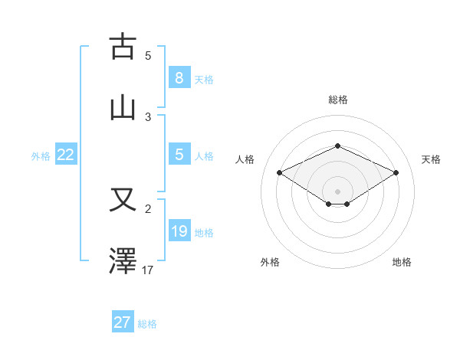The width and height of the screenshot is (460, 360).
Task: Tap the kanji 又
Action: click(123, 201)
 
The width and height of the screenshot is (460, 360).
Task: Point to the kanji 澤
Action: click(123, 261)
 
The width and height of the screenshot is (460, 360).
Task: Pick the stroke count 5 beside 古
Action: click(148, 55)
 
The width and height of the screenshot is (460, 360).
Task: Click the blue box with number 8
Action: click(179, 77)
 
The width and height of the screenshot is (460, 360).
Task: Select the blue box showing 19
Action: click(179, 231)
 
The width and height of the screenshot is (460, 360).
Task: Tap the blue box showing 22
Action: click(66, 155)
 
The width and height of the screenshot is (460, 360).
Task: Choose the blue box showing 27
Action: click(123, 322)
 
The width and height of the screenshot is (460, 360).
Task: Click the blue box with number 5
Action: click(179, 155)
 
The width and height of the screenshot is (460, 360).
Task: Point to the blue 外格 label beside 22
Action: click(41, 156)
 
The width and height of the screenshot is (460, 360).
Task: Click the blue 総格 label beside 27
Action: click(147, 324)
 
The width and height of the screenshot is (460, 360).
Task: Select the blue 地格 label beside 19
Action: click(204, 233)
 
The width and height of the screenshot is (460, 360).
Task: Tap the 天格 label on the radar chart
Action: click(432, 159)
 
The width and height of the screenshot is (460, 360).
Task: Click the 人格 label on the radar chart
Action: click(245, 159)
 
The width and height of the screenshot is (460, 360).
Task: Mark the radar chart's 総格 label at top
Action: click(338, 100)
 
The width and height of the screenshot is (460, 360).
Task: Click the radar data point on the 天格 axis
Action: click(396, 173)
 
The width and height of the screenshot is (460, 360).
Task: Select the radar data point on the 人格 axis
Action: click(280, 173)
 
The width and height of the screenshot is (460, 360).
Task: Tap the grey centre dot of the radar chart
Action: click(338, 191)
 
